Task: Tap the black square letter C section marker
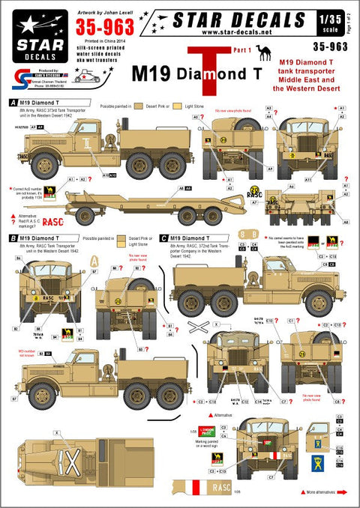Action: [163, 238]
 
